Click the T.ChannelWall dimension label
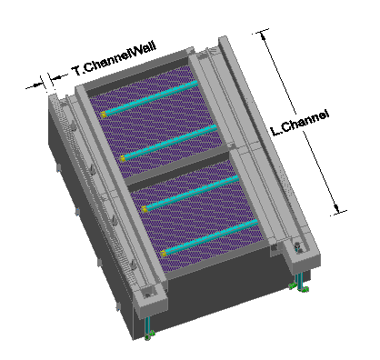(115, 58)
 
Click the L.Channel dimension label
(299, 123)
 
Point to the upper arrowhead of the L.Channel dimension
(263, 35)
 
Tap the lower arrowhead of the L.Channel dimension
(336, 208)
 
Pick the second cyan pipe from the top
(170, 142)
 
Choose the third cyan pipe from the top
(191, 193)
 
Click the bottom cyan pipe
(210, 236)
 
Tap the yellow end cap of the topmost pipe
(104, 115)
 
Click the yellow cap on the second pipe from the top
(123, 158)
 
